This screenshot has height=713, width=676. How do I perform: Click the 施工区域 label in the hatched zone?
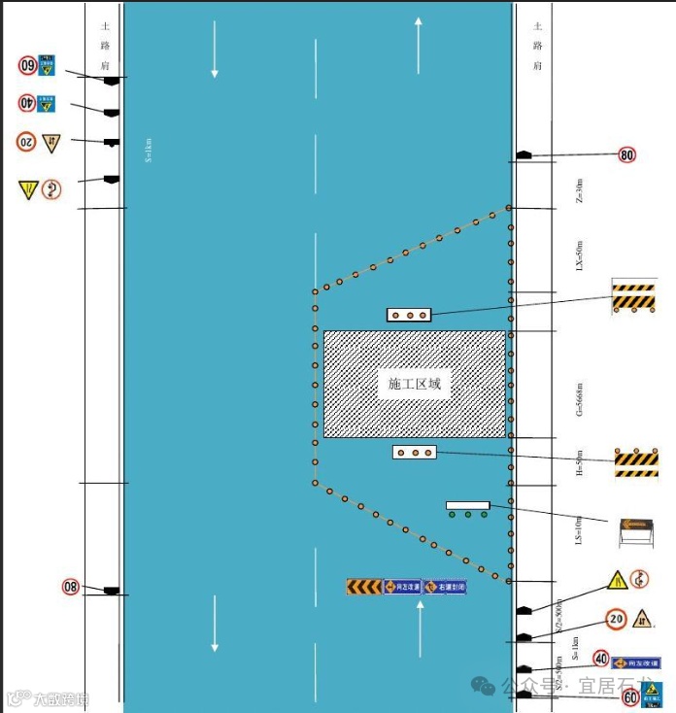tap(415, 384)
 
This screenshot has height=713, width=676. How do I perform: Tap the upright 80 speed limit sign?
tap(626, 154)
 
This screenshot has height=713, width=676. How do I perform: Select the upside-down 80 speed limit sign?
tap(71, 587)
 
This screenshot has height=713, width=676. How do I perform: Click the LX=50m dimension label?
tap(580, 255)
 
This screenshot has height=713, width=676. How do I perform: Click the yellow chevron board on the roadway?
tap(364, 587)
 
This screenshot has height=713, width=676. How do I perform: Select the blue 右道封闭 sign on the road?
tap(445, 588)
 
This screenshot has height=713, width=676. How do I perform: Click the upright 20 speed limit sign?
tap(616, 618)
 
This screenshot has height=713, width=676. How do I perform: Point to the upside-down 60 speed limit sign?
tap(28, 66)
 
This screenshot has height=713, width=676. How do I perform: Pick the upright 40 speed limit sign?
tap(601, 659)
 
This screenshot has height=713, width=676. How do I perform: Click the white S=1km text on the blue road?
tap(149, 150)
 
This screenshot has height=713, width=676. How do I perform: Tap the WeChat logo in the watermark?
tap(483, 686)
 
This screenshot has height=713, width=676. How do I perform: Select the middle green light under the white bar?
tap(467, 515)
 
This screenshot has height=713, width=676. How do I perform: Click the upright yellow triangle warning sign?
tap(617, 581)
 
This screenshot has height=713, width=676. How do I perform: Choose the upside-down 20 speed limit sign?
tap(26, 142)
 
